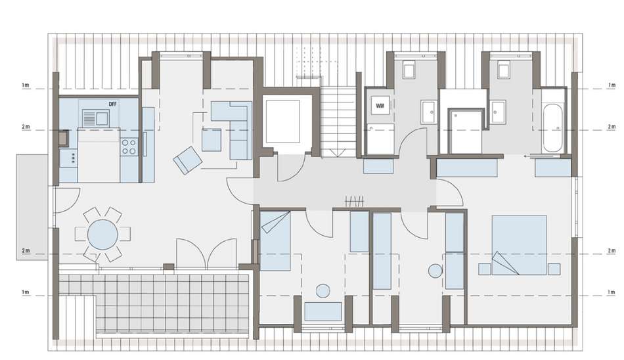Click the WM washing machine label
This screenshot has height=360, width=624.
[x=380, y=106]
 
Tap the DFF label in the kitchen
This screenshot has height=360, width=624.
[x=112, y=104]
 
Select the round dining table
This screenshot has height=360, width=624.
[x=102, y=235]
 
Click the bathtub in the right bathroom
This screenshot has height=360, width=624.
[x=553, y=127]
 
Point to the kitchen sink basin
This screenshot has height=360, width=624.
[x=95, y=118]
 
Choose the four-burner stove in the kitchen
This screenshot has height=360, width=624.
[x=129, y=146]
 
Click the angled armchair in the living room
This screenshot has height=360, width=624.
[x=187, y=160]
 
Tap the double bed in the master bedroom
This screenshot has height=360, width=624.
[x=520, y=245]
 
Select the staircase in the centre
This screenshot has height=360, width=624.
[x=338, y=122]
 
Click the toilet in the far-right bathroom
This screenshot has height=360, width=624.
[x=504, y=70]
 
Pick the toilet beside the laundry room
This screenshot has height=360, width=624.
[x=409, y=70]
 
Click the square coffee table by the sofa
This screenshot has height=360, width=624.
[x=212, y=140]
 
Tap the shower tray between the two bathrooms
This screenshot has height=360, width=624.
[x=465, y=131]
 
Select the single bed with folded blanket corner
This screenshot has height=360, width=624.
[x=275, y=241]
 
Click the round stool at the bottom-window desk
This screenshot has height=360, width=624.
[x=323, y=291]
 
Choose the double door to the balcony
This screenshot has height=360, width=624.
[x=206, y=254]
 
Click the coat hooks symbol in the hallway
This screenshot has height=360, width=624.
[x=354, y=201]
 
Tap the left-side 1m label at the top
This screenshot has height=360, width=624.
[x=26, y=85]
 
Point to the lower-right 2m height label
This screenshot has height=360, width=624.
[x=612, y=251]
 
